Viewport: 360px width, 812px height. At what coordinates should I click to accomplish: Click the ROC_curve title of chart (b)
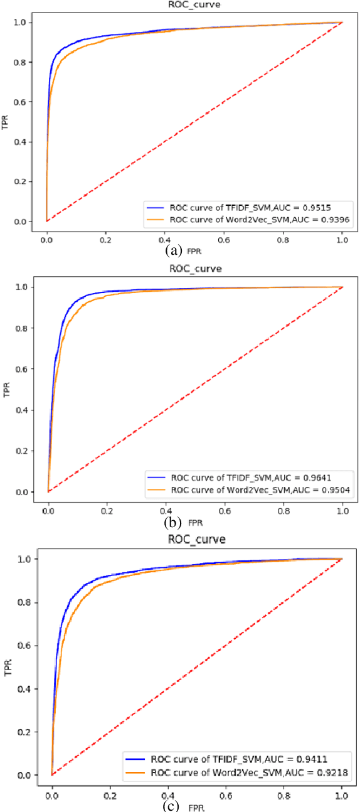(194, 269)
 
